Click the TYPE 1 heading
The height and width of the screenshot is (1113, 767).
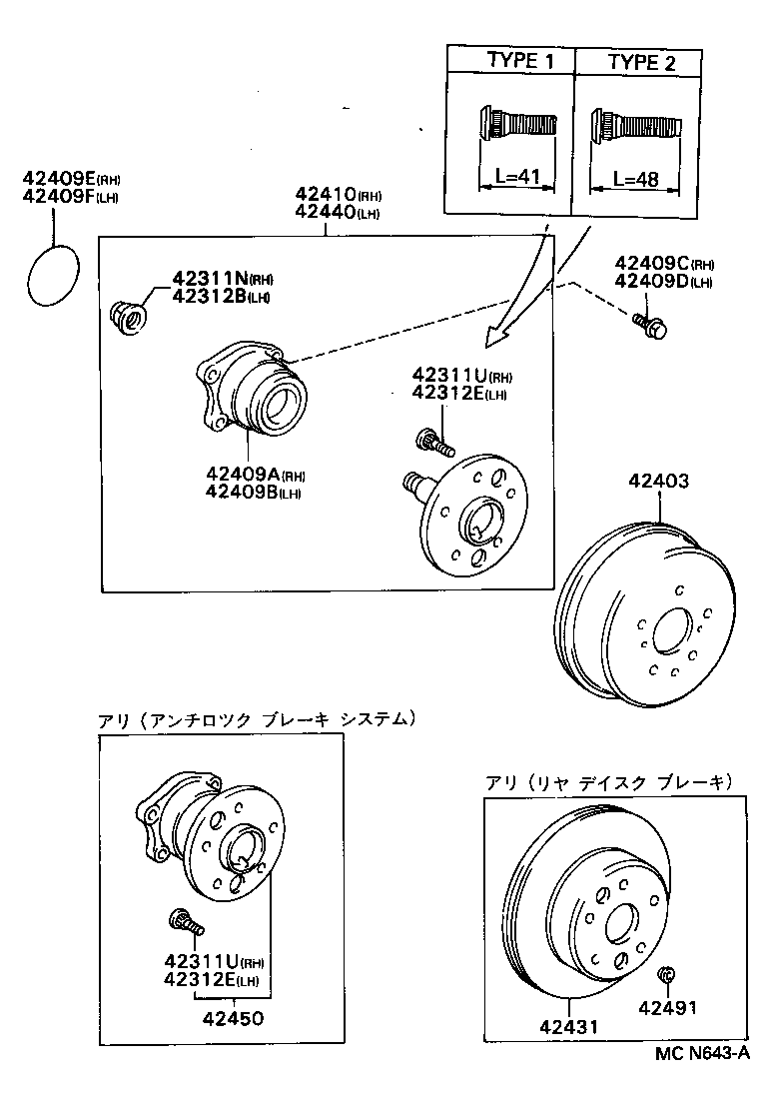(x=519, y=61)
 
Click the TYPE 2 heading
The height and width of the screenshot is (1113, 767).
(x=641, y=62)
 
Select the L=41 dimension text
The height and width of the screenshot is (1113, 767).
(x=518, y=178)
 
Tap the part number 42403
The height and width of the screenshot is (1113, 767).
(x=658, y=482)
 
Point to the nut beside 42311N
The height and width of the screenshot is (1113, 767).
(x=126, y=317)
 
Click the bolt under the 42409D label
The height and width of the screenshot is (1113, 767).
(x=651, y=324)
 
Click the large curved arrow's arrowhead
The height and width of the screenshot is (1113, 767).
(x=494, y=339)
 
